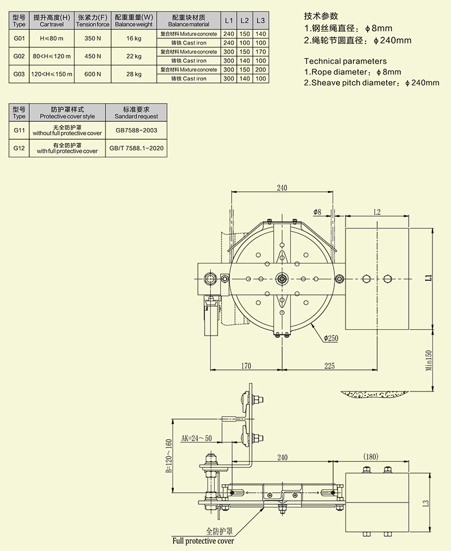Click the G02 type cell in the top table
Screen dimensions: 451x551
click(19, 56)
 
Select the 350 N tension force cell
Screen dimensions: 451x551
click(92, 38)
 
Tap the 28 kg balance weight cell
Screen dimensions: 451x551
click(134, 74)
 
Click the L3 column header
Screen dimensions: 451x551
click(260, 21)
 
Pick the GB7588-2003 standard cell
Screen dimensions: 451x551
click(136, 130)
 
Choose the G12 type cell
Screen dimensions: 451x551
click(19, 148)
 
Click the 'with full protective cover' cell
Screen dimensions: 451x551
click(67, 148)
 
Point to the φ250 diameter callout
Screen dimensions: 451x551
click(331, 338)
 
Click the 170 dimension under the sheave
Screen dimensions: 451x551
click(246, 366)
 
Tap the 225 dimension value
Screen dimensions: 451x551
click(329, 366)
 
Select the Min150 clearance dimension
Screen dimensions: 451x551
click(428, 360)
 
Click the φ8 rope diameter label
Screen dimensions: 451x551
click(317, 212)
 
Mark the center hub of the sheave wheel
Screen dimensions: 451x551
click(281, 279)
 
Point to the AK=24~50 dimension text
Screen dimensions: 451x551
click(196, 438)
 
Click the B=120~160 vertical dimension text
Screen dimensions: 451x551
click(169, 456)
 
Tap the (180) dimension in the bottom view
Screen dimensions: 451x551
click(370, 456)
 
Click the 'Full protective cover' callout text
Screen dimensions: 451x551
click(203, 541)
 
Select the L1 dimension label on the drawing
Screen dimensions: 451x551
click(428, 277)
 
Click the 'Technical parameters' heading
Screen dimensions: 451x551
click(345, 61)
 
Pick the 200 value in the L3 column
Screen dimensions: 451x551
click(260, 69)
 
